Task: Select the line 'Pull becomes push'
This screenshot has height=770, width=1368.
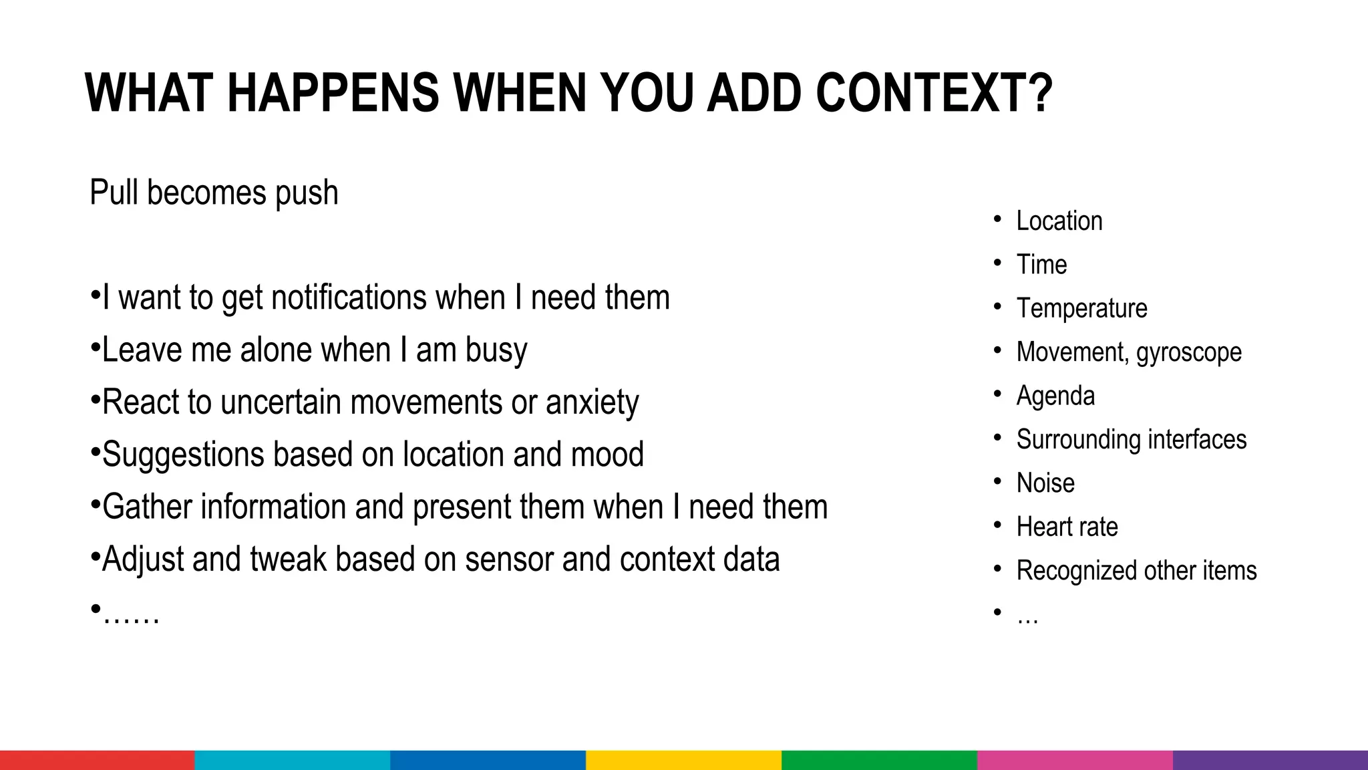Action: point(214,193)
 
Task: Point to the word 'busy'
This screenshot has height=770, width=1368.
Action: point(496,350)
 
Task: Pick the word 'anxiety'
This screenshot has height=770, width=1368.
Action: point(592,402)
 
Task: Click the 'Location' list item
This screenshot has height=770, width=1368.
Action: point(1059,221)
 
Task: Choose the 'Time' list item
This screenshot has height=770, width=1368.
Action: point(1041,265)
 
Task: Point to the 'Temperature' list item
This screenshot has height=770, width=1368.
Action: point(1081,308)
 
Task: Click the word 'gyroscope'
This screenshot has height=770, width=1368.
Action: point(1189,352)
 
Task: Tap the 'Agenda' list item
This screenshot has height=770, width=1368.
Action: point(1055,396)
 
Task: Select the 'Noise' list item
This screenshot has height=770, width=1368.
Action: point(1045,483)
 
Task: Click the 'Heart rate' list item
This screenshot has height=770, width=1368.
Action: point(1067,527)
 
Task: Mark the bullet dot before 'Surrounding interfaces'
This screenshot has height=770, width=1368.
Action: point(997,438)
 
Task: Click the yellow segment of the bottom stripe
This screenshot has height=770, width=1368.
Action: point(683,760)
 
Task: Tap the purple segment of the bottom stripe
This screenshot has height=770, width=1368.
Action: point(1270,760)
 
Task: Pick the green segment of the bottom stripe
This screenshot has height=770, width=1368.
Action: point(879,760)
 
